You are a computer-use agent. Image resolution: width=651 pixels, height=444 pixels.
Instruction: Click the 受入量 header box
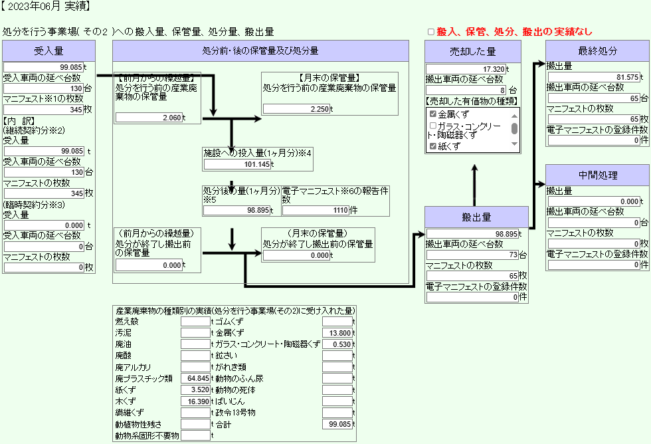[49, 51]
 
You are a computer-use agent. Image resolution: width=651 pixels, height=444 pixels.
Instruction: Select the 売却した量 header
[473, 51]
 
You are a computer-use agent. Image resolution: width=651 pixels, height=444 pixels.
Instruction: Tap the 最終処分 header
[597, 51]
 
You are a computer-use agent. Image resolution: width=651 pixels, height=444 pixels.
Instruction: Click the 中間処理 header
[597, 175]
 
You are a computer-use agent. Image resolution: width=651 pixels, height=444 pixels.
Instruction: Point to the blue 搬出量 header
[476, 217]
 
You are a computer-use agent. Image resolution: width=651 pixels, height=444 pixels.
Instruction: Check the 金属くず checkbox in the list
[433, 114]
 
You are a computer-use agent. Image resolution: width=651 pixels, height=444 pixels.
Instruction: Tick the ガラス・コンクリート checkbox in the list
[433, 126]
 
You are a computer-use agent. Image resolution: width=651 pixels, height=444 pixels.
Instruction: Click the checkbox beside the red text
[430, 32]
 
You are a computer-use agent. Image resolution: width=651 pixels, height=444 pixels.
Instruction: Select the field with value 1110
[316, 210]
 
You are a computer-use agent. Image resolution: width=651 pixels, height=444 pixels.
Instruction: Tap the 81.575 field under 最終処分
[594, 77]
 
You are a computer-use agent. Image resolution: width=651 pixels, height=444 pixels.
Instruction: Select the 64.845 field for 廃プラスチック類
[195, 378]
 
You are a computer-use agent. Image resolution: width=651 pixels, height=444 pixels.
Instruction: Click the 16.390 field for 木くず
[195, 401]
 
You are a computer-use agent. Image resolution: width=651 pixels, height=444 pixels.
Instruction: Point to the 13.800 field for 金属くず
[337, 333]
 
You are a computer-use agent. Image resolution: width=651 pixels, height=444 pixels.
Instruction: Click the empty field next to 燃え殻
[195, 322]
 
